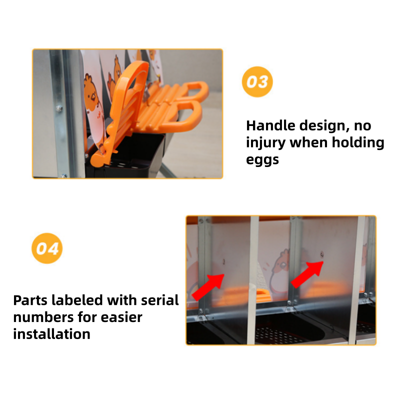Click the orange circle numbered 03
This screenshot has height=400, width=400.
coord(257,82)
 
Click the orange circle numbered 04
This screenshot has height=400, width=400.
coord(47,248)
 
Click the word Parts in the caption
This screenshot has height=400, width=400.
coord(30,300)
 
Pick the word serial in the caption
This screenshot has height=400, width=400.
coord(160,300)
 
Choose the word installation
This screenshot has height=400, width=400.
coord(52,334)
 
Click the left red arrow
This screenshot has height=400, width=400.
coord(208,286)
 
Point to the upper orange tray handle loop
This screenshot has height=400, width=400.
coord(194,90)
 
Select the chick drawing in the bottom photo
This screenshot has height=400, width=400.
coord(279,272)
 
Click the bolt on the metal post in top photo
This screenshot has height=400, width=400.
coord(59,108)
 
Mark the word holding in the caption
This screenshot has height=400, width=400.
coord(358,143)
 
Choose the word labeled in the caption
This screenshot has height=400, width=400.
coord(79,300)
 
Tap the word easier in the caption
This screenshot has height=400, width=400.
coord(121,317)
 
